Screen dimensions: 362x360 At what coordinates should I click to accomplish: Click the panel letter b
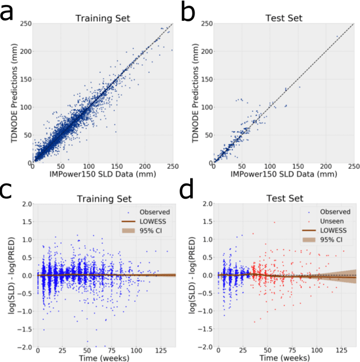[189, 12]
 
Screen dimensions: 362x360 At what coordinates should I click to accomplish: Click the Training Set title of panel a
[102, 19]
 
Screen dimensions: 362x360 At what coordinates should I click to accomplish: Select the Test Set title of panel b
[283, 19]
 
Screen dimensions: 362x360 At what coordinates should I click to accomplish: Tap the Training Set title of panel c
[102, 199]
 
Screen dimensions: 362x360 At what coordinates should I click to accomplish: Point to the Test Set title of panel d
[283, 199]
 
